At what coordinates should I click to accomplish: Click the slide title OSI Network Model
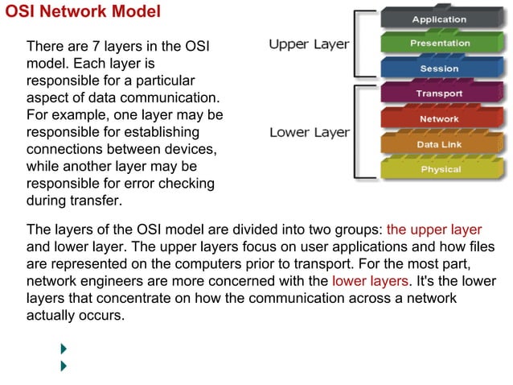coord(84,12)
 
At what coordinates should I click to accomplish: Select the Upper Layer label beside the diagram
coord(309,44)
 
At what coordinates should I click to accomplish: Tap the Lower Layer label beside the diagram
coord(309,132)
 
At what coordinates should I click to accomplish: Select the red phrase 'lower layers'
coord(370,281)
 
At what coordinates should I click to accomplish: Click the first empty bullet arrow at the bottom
coord(64,349)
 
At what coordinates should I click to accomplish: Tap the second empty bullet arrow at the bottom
coord(64,366)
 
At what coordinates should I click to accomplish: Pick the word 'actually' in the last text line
coord(52,316)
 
